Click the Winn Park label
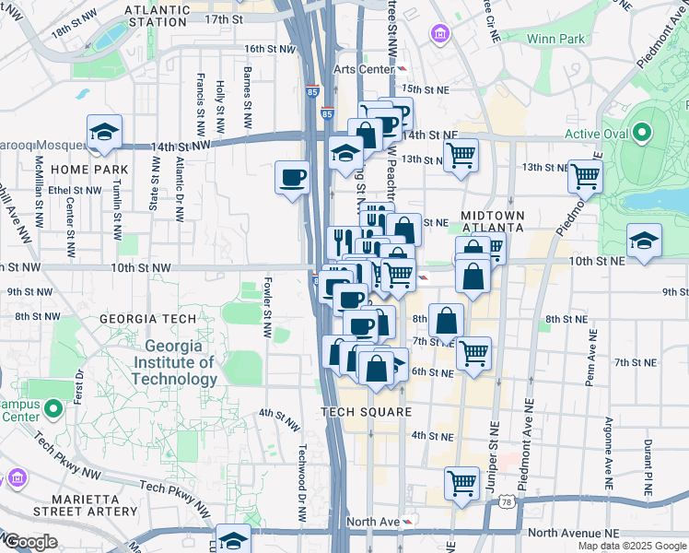pos(555,39)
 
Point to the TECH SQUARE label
pos(366,412)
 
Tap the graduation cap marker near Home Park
pos(105,133)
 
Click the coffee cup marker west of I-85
pos(293,177)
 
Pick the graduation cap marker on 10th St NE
pos(643,241)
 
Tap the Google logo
pos(29,542)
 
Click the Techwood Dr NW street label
pos(301,483)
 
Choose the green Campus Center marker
pos(53,406)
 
